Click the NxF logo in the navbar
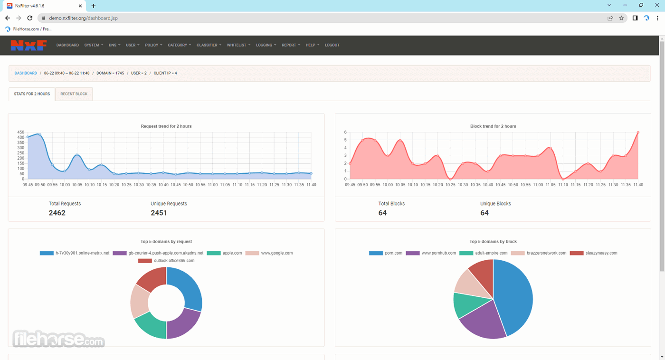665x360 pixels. click(x=28, y=45)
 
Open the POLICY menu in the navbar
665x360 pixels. click(x=153, y=45)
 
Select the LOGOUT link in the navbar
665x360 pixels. click(x=332, y=45)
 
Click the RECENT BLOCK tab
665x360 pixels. click(x=74, y=94)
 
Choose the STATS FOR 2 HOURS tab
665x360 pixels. click(x=32, y=94)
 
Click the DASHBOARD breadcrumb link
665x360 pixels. click(x=26, y=73)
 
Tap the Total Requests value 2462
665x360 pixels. click(x=57, y=213)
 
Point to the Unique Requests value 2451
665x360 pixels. click(x=159, y=213)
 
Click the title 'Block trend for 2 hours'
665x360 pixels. click(x=493, y=126)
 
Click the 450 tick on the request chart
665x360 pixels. click(x=21, y=132)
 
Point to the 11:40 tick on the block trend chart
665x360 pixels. click(x=637, y=185)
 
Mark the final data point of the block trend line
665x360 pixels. click(x=638, y=133)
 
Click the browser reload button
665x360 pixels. click(x=29, y=18)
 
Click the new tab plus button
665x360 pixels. click(x=94, y=6)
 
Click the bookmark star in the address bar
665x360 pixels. click(x=621, y=18)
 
